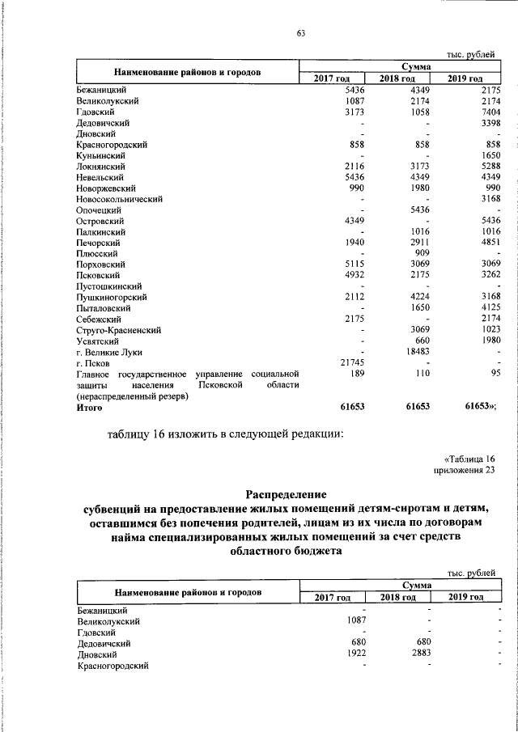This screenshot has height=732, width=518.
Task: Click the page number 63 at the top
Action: pos(300,33)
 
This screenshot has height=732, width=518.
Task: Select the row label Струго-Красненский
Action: pos(117,330)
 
